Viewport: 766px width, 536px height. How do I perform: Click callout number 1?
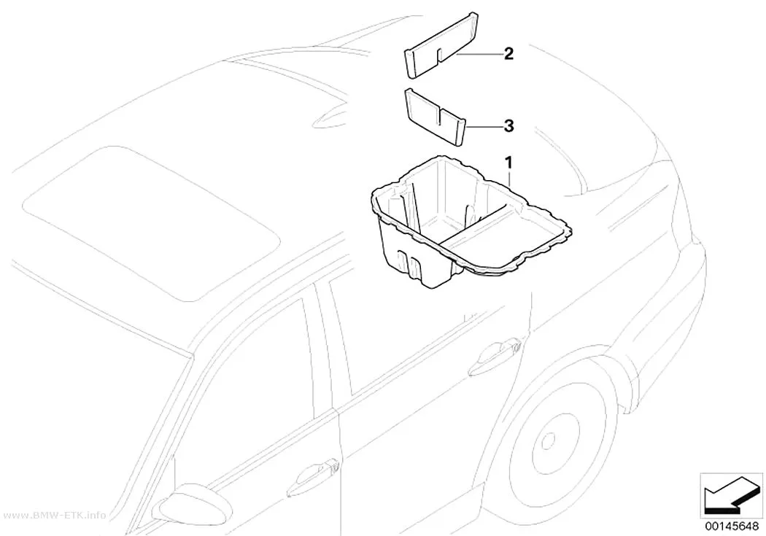tap(508, 162)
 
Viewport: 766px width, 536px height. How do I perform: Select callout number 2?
tap(508, 54)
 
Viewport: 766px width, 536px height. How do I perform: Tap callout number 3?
tap(508, 126)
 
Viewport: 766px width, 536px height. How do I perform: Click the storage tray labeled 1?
tap(469, 220)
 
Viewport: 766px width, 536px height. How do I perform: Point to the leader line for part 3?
tap(484, 127)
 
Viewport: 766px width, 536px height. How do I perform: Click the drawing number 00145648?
tap(731, 527)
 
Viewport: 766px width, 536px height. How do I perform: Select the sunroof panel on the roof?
tap(152, 222)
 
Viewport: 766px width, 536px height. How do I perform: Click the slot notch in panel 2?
tap(440, 55)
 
